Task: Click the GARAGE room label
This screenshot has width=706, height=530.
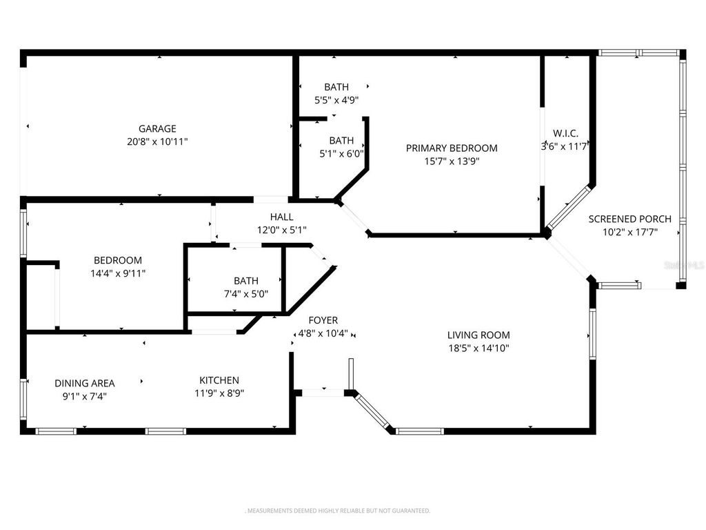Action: (x=157, y=128)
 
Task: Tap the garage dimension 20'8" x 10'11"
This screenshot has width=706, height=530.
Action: (x=157, y=141)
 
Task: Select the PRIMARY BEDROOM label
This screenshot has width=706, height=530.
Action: (x=451, y=148)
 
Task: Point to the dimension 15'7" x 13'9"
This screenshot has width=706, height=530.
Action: (x=451, y=161)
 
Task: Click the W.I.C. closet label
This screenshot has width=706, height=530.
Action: (x=565, y=133)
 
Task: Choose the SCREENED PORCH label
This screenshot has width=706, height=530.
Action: (x=629, y=219)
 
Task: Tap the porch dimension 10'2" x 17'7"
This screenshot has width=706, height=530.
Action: (x=629, y=233)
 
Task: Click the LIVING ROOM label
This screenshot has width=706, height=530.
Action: (x=478, y=335)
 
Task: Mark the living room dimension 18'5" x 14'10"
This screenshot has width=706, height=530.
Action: (x=478, y=349)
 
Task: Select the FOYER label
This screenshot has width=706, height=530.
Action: (x=323, y=320)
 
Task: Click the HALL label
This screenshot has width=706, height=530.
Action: (x=281, y=217)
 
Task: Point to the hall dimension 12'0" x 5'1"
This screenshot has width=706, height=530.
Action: (x=281, y=230)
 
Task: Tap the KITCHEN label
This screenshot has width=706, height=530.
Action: (x=219, y=380)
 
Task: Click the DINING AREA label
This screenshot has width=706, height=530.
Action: (x=85, y=383)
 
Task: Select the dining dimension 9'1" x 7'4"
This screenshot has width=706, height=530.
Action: (x=85, y=396)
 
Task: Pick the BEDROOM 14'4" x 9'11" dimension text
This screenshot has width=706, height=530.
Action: (x=118, y=273)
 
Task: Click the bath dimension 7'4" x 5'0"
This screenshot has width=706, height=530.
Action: (x=246, y=293)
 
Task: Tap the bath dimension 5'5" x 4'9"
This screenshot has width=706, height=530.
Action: (x=336, y=99)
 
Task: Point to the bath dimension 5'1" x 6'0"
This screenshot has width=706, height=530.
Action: (x=341, y=154)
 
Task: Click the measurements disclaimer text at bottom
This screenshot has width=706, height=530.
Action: (x=338, y=511)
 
